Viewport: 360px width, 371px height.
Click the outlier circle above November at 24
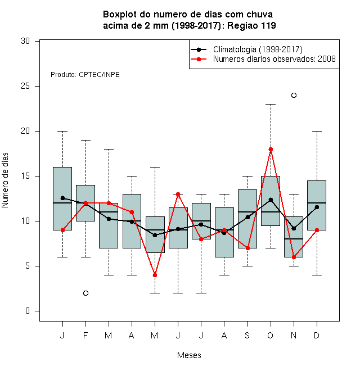[x=294, y=95]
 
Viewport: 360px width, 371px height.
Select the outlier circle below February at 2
[x=85, y=293]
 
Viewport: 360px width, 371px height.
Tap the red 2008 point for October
[x=271, y=150]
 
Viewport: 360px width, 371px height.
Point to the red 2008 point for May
[x=155, y=275]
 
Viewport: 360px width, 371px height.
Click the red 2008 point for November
[x=294, y=257]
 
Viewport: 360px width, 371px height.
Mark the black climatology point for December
[x=317, y=207]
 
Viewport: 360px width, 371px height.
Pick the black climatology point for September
[x=247, y=217]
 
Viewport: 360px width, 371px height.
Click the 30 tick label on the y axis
[x=25, y=41]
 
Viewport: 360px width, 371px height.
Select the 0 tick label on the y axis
[x=28, y=311]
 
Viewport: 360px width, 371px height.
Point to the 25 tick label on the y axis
[x=25, y=86]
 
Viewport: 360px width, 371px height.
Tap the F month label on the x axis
[x=85, y=335]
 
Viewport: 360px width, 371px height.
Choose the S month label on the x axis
[x=247, y=335]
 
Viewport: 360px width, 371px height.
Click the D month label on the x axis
[x=317, y=335]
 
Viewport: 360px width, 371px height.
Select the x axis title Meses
[x=189, y=355]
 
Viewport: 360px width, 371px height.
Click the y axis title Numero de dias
[x=5, y=180]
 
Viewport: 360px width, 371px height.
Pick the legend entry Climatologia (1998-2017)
[x=258, y=49]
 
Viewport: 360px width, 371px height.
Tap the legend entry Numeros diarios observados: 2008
[x=274, y=59]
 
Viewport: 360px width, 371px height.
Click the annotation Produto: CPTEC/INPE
[x=85, y=75]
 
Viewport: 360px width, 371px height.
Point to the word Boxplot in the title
[x=120, y=15]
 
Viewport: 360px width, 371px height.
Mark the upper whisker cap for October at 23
[x=271, y=104]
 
